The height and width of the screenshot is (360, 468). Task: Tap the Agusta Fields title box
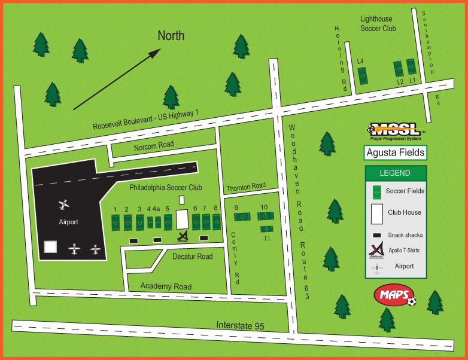[x=396, y=152]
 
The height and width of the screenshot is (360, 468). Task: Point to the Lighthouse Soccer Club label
[x=376, y=23]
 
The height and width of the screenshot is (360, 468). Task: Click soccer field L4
[x=362, y=75]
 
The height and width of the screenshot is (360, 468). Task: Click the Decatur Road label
[x=192, y=257]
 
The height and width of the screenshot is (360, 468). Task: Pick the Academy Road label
[x=166, y=286]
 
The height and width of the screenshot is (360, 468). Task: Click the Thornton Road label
[x=246, y=187]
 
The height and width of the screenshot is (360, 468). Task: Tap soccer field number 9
[x=240, y=218]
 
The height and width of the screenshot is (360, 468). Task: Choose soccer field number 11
[x=267, y=229]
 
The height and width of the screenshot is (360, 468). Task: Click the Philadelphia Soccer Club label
[x=166, y=187]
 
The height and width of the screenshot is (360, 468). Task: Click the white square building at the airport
[x=51, y=247]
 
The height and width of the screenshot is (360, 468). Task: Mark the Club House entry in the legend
[x=404, y=212]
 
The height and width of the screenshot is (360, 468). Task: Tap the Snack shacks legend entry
[x=405, y=235]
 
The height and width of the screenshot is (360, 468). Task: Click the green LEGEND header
[x=395, y=173]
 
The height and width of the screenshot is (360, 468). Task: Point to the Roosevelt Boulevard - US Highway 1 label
[x=146, y=119]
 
